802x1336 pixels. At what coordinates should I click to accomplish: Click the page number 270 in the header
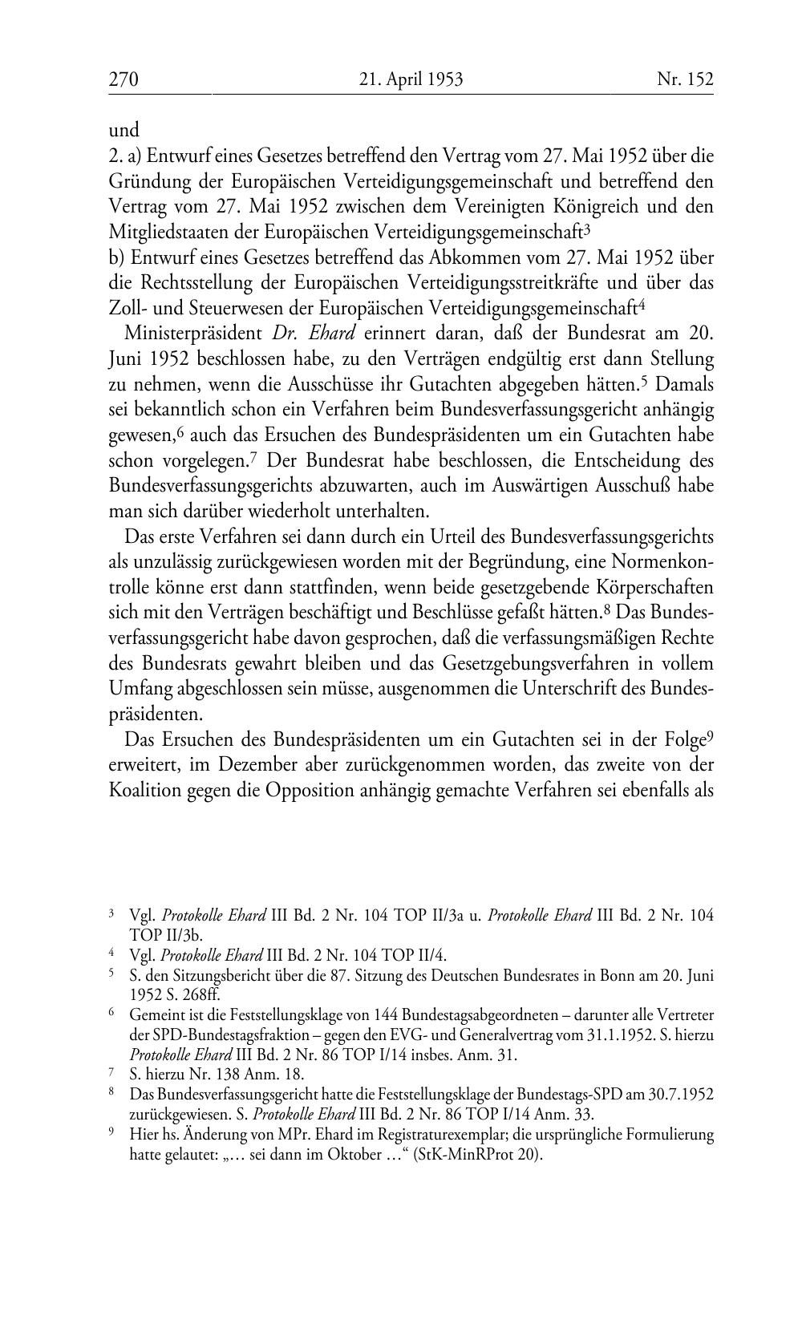pos(124,79)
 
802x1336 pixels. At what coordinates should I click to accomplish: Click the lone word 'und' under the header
pos(124,130)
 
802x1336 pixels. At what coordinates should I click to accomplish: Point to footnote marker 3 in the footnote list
pos(112,913)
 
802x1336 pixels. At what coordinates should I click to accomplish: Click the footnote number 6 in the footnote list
pos(112,1014)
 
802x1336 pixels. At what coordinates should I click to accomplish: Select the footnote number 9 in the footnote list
pos(112,1134)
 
